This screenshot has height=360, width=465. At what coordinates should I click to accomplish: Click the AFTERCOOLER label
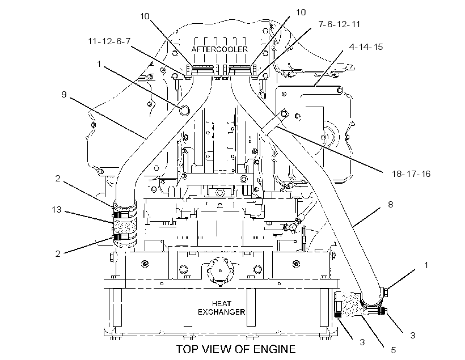[x=219, y=49]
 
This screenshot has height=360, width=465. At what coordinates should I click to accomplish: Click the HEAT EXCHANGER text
[x=221, y=308]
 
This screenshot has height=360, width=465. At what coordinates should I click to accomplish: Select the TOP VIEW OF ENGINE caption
[x=236, y=349]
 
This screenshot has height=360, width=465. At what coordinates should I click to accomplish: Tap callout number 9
[x=64, y=94]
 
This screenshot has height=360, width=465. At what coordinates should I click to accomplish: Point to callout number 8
[x=390, y=204]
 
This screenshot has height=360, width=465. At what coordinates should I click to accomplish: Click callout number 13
[x=57, y=210]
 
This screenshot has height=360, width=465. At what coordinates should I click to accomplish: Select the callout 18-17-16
[x=411, y=173]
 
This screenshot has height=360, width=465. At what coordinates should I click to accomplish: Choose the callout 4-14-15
[x=366, y=47]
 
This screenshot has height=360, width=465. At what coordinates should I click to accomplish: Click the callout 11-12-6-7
[x=109, y=41]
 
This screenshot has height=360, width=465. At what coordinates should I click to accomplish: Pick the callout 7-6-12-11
[x=339, y=24]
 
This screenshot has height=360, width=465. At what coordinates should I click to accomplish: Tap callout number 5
[x=393, y=350]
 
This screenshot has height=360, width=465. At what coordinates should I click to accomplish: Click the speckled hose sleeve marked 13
[x=125, y=226]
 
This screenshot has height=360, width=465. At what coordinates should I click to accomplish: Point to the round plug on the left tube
[x=184, y=111]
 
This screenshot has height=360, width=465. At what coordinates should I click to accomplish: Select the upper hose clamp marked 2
[x=125, y=214]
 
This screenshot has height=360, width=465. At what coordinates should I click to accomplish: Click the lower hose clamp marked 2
[x=125, y=237]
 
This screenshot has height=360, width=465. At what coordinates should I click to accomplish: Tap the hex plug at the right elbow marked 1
[x=384, y=292]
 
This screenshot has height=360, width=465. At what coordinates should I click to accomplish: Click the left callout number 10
[x=145, y=16]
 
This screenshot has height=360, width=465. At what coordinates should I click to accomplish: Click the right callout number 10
[x=301, y=12]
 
